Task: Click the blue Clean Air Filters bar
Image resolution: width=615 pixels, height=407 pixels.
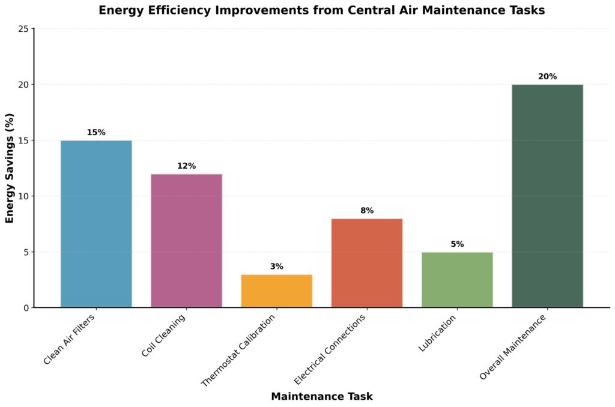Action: (96, 224)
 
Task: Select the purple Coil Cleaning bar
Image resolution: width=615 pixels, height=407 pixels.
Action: (186, 241)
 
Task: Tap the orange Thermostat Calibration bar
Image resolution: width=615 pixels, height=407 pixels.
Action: (276, 291)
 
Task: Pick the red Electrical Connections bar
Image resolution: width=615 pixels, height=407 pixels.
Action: (366, 263)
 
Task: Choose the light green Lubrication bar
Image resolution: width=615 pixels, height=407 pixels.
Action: (456, 280)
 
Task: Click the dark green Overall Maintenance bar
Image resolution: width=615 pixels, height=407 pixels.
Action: (547, 196)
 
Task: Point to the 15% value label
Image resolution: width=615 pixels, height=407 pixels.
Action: (96, 133)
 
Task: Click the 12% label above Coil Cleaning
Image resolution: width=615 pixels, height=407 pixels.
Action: (186, 166)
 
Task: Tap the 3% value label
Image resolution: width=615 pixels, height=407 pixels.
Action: (276, 267)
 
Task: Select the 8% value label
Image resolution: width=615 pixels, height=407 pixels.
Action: (366, 211)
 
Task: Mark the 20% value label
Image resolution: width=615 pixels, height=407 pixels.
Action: (547, 77)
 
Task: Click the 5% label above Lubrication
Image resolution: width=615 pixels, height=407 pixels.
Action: (456, 244)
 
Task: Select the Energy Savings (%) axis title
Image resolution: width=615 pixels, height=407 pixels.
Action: (10, 168)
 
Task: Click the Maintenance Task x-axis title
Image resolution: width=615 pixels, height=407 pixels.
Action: (321, 396)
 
